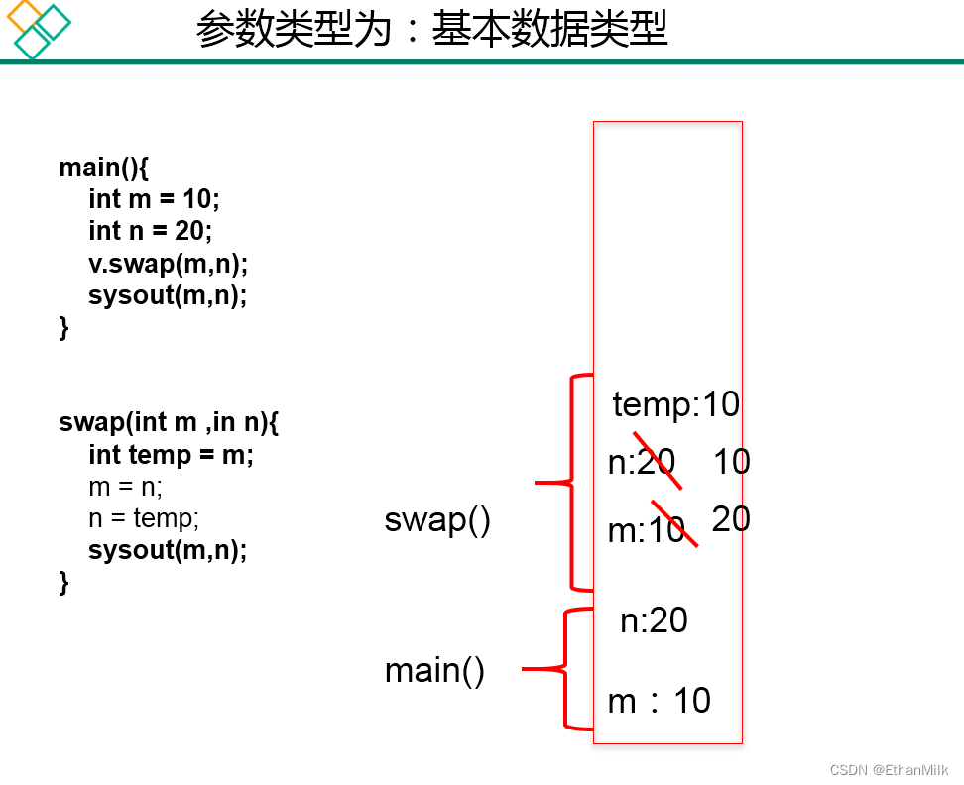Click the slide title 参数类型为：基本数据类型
pyautogui.click(x=431, y=30)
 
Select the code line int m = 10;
pyautogui.click(x=154, y=199)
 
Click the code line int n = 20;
pyautogui.click(x=151, y=231)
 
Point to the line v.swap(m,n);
pyautogui.click(x=168, y=264)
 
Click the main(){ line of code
pyautogui.click(x=103, y=167)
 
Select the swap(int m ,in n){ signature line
pyautogui.click(x=169, y=423)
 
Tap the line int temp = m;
pyautogui.click(x=171, y=455)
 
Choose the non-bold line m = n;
pyautogui.click(x=125, y=487)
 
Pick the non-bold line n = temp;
pyautogui.click(x=144, y=518)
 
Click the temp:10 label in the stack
pyautogui.click(x=675, y=404)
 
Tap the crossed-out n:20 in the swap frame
pyautogui.click(x=642, y=462)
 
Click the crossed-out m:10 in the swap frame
pyautogui.click(x=647, y=531)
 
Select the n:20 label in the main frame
pyautogui.click(x=654, y=620)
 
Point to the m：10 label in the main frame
pyautogui.click(x=659, y=701)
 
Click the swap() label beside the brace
pyautogui.click(x=437, y=519)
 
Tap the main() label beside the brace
pyautogui.click(x=434, y=671)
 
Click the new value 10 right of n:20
pyautogui.click(x=731, y=462)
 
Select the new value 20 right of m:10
pyautogui.click(x=731, y=518)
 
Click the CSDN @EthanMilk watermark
pyautogui.click(x=889, y=770)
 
